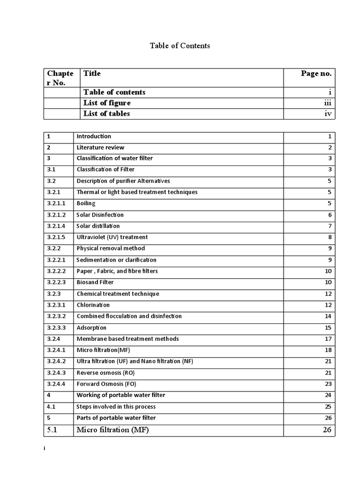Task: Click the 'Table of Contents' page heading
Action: point(180,46)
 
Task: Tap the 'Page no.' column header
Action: point(316,74)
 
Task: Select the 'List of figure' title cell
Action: point(107,103)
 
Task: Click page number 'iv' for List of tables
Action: point(328,114)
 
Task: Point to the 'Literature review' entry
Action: point(100,148)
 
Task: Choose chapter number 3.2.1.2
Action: point(57,215)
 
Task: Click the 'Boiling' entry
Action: point(86,203)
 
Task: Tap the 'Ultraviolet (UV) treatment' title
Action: point(112,237)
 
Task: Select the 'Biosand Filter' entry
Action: point(95,282)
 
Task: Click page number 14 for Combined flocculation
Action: point(328,316)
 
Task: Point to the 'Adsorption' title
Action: point(91,328)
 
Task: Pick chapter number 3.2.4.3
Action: point(57,373)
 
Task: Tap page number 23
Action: point(328,384)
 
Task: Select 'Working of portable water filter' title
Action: point(121,395)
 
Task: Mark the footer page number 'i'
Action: point(45,449)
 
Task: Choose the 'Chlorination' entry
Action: point(93,305)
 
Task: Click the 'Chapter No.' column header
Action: point(60,78)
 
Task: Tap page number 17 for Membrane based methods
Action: point(328,339)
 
